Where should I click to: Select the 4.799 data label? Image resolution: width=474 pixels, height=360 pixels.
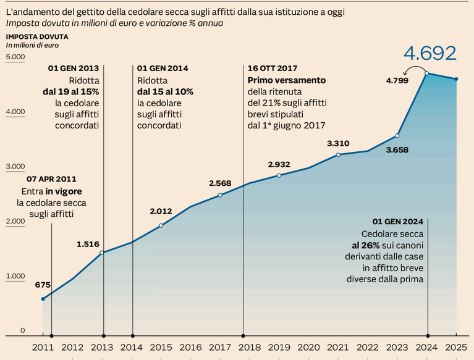[397, 80]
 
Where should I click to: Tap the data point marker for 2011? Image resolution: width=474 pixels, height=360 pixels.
[43, 299]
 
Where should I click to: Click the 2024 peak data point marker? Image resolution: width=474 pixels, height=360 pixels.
[428, 73]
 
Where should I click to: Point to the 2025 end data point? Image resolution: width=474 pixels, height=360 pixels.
[456, 79]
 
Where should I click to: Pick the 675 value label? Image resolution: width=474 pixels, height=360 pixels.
[43, 285]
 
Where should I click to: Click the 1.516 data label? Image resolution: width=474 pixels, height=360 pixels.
[88, 244]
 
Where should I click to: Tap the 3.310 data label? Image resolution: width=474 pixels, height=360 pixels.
[338, 143]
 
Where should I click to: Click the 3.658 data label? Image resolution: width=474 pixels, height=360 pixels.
[397, 150]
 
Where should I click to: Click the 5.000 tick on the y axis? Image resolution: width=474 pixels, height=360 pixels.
[15, 57]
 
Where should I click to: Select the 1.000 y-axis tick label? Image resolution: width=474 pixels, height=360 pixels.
[15, 276]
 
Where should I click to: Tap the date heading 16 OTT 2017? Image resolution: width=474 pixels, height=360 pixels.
[273, 69]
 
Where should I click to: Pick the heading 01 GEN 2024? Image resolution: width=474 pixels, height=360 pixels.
[398, 222]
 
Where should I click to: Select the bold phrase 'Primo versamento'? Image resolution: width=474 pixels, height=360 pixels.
[286, 80]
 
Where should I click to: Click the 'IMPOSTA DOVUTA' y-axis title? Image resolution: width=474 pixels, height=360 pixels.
[37, 36]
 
